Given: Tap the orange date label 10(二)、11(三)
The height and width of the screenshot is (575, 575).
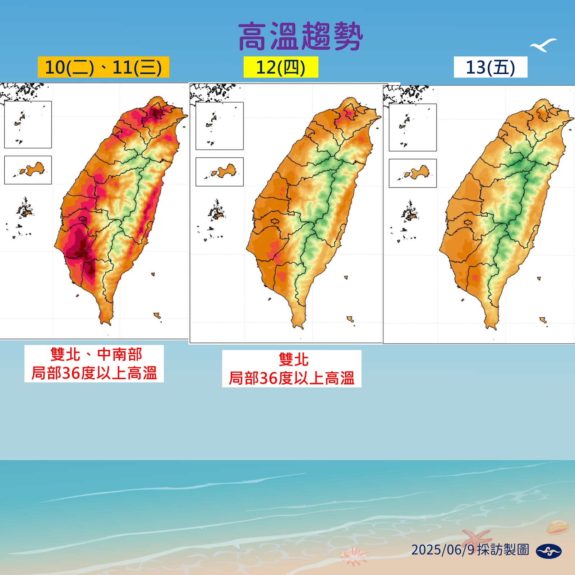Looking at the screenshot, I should [x=103, y=67].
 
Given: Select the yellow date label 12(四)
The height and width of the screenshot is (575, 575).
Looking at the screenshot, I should [x=281, y=67].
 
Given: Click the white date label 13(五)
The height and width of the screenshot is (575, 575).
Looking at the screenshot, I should [x=491, y=67].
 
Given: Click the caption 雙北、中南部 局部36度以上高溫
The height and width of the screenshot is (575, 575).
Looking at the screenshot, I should [x=94, y=364].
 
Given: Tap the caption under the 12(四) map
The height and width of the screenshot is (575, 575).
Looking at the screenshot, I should [x=291, y=369].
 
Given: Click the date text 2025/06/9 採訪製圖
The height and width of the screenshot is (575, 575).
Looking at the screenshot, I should [x=470, y=550].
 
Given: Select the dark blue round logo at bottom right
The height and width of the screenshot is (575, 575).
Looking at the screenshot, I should [x=548, y=551].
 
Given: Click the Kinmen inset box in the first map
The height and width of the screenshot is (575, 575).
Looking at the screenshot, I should [x=28, y=170].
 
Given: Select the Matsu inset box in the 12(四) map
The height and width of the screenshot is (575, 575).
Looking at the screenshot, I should [x=220, y=126].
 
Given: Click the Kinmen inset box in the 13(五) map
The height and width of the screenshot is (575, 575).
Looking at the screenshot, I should [x=413, y=173].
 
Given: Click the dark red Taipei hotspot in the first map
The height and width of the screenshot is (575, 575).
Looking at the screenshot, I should [x=157, y=112].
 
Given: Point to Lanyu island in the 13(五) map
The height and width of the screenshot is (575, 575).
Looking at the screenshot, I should [x=543, y=320].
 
